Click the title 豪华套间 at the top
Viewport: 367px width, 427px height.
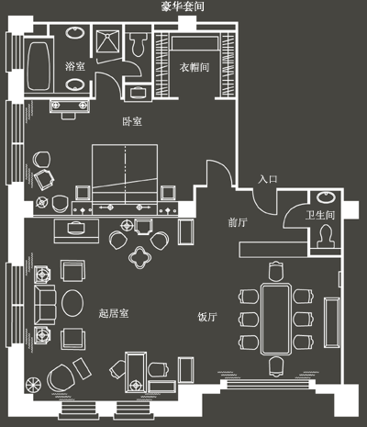[x=183, y=6]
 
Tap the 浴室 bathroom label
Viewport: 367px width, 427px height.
[x=75, y=66]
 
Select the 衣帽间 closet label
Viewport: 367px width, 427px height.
[x=195, y=67]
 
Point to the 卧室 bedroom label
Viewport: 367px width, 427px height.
[x=132, y=121]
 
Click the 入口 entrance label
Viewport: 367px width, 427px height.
[x=268, y=179]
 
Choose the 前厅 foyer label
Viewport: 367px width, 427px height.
[x=238, y=222]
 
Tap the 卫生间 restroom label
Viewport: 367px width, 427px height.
[x=320, y=215]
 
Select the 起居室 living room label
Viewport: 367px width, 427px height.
[x=114, y=313]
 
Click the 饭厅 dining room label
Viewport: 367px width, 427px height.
[x=207, y=317]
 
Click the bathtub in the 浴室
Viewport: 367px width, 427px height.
[x=39, y=66]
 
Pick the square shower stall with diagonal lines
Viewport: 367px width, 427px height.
[x=107, y=41]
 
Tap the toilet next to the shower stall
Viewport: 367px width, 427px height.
[x=139, y=44]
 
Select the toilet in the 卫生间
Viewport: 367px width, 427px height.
[x=326, y=236]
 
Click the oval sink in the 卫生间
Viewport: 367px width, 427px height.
[x=326, y=197]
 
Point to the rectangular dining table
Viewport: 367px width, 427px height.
[x=275, y=319]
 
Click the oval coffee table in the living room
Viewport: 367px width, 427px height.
[x=72, y=303]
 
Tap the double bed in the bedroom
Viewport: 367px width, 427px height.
[x=125, y=174]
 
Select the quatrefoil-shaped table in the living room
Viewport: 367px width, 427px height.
[x=139, y=257]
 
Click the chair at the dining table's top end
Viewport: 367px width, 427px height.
[x=276, y=271]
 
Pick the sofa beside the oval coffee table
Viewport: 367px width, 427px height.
[x=45, y=305]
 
